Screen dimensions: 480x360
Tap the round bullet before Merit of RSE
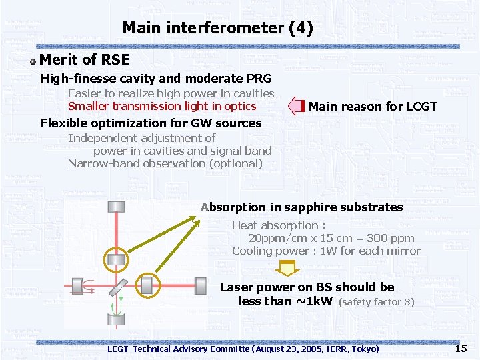[33, 61]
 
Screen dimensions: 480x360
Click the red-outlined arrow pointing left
[296, 106]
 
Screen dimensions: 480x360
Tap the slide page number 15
[461, 349]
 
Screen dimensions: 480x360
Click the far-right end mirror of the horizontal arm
[201, 286]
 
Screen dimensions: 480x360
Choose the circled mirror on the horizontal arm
[147, 286]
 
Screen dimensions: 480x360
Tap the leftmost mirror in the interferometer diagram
[76, 287]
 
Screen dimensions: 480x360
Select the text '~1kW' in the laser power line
[314, 301]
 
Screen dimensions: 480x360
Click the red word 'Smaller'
[89, 106]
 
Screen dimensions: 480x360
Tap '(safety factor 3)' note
[377, 302]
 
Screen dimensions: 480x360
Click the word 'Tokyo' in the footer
[363, 349]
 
